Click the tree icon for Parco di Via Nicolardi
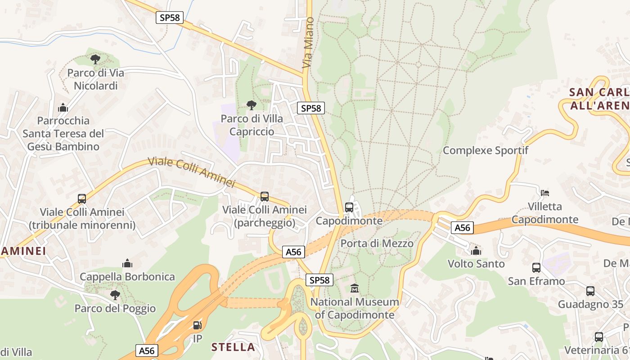click(x=95, y=59)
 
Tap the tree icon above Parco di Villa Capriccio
click(x=252, y=105)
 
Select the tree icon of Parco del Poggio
click(x=115, y=295)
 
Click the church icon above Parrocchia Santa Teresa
click(x=63, y=108)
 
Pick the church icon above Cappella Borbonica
click(x=127, y=263)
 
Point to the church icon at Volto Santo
click(x=476, y=250)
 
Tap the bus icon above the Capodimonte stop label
click(x=349, y=207)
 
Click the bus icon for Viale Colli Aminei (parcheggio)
click(x=265, y=197)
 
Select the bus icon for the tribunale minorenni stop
click(x=82, y=198)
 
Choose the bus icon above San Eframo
click(x=536, y=268)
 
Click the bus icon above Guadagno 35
click(x=590, y=291)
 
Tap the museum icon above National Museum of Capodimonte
click(x=355, y=288)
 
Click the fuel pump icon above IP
click(x=197, y=325)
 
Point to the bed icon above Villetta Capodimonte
click(x=545, y=193)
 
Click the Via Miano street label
click(x=308, y=43)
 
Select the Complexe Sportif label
click(x=486, y=150)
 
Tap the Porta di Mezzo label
click(x=377, y=243)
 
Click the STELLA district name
click(x=233, y=347)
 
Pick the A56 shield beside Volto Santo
click(x=462, y=228)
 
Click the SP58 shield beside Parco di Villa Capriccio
click(x=310, y=108)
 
